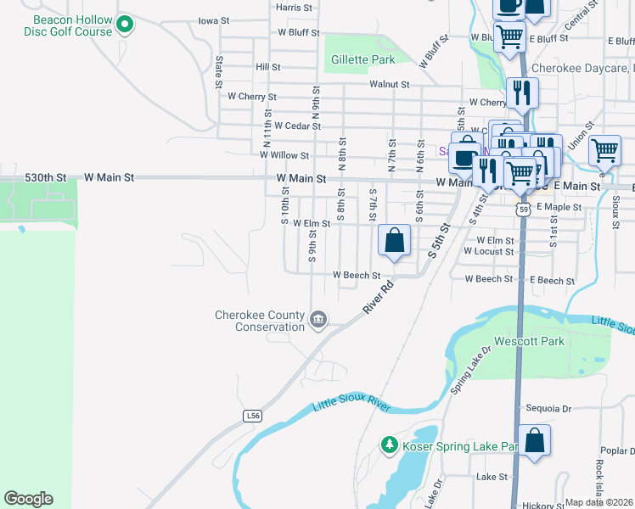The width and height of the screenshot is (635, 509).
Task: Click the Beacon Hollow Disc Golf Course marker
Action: click(x=125, y=25)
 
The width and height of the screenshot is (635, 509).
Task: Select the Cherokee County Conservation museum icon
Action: click(x=318, y=320)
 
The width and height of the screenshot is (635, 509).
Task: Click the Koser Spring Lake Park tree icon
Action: click(x=389, y=445)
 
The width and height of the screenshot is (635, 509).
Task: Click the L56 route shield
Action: click(x=251, y=416)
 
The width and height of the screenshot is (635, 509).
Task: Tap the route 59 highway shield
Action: click(x=525, y=208)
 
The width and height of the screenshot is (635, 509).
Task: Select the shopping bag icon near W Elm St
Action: click(x=395, y=240)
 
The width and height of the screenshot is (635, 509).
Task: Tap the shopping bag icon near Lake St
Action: click(x=534, y=440)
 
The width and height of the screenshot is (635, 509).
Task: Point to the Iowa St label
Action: click(x=213, y=20)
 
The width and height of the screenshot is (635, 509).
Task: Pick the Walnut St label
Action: click(x=390, y=84)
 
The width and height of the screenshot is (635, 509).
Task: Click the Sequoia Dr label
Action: click(x=548, y=408)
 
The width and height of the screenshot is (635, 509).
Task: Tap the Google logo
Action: click(x=28, y=499)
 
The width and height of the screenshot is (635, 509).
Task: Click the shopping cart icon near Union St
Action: click(x=604, y=151)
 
